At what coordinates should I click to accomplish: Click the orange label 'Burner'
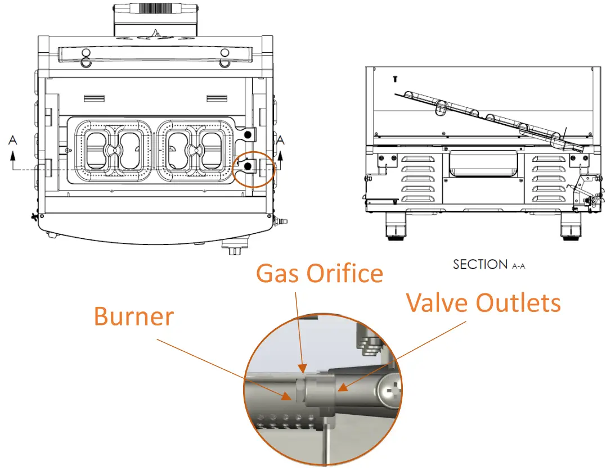[134, 316]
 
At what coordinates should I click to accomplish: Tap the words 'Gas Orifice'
[319, 273]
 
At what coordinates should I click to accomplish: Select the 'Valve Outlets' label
[483, 302]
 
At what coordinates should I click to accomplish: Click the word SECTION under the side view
[479, 264]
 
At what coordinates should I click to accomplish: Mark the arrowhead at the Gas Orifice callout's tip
[304, 370]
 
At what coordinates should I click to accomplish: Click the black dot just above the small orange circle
[246, 134]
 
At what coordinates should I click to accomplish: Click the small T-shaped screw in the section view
[394, 79]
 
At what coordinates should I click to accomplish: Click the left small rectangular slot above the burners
[94, 99]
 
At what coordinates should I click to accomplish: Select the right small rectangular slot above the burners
[216, 99]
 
